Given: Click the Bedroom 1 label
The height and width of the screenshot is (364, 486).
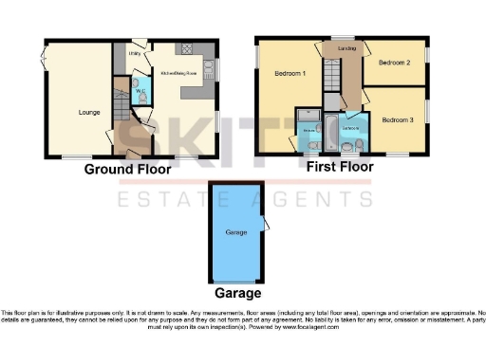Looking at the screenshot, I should [290, 74].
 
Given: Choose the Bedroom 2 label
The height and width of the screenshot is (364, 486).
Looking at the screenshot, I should [394, 64].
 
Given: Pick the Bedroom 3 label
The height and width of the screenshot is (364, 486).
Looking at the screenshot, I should [398, 120].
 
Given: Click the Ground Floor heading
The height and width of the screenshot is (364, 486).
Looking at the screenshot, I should [127, 171].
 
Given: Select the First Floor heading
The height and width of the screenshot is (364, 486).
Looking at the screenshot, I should [340, 167].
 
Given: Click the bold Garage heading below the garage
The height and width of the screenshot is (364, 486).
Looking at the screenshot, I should [236, 294].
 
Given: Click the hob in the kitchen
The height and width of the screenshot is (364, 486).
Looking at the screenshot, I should [208, 70].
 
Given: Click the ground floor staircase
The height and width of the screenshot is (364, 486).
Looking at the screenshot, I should [121, 116].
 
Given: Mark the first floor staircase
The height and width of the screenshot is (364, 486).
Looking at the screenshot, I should [331, 80].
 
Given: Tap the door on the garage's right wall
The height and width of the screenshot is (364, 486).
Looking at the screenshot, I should [268, 224].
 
